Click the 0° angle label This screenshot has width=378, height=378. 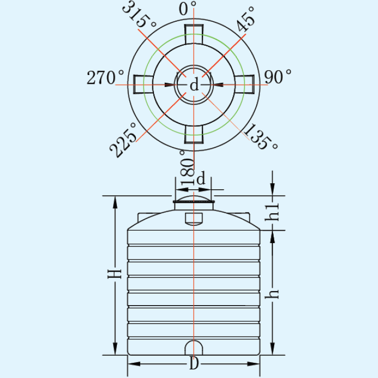pos(187,9)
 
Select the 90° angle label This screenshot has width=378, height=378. pos(278,77)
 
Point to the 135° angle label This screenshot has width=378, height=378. pos(261,137)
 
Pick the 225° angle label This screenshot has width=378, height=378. pos(123,140)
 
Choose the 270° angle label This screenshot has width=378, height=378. pos(106,77)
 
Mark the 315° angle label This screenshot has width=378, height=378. pos(139,14)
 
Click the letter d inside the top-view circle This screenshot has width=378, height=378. pos(194,85)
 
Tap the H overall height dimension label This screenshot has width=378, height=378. pos(114,274)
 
